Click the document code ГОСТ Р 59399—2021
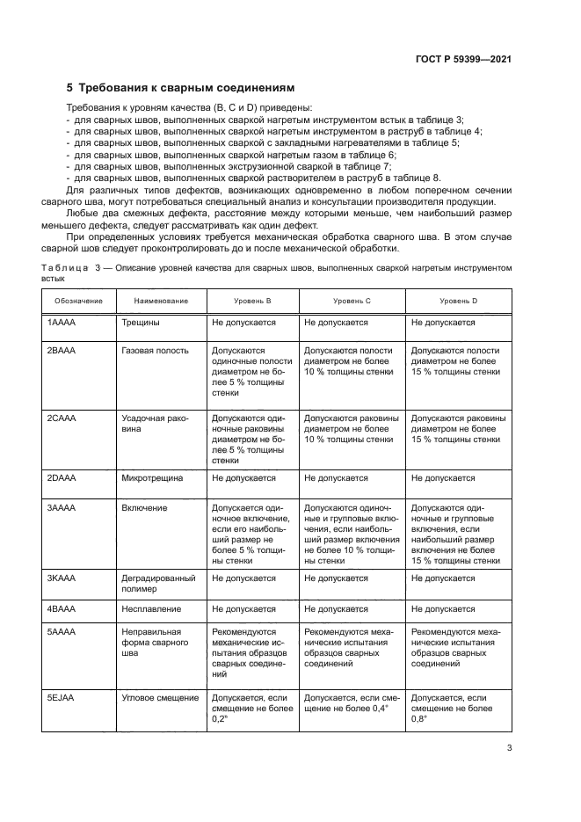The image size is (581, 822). (462, 59)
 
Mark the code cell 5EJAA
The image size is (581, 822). (62, 696)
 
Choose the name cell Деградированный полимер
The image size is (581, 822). (159, 584)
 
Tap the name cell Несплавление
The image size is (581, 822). (151, 608)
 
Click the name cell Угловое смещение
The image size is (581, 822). (159, 696)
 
